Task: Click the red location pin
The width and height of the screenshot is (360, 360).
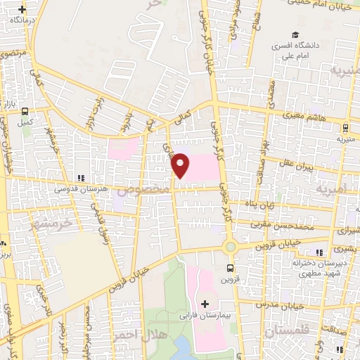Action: click(x=181, y=165)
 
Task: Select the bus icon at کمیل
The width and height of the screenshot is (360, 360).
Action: click(x=26, y=111)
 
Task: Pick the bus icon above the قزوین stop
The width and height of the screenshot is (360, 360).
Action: click(x=230, y=267)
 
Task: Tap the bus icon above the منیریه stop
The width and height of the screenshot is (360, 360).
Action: click(x=345, y=128)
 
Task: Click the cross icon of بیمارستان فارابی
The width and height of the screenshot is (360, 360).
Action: click(x=205, y=304)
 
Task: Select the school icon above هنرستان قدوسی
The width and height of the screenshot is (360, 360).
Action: click(x=80, y=178)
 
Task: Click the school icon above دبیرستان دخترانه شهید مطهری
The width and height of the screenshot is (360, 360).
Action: click(x=321, y=252)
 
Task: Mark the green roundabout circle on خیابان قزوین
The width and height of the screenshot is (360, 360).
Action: click(x=230, y=247)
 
